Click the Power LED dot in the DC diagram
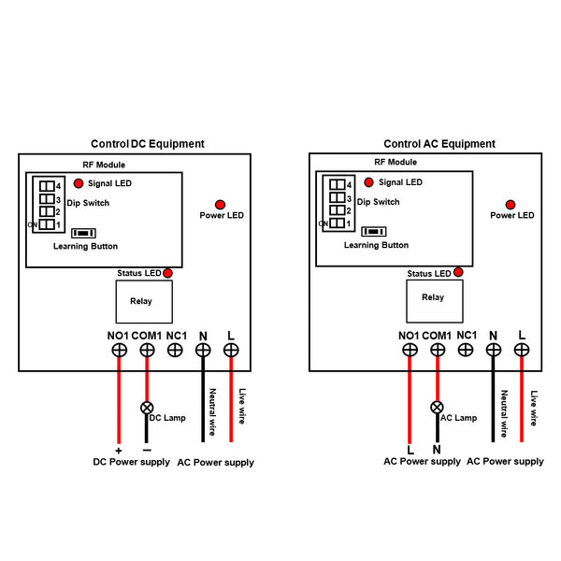[x=221, y=204]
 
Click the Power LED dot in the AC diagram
[x=511, y=204]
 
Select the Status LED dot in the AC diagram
[x=458, y=273]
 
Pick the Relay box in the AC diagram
[x=433, y=297]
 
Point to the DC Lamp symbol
[x=147, y=409]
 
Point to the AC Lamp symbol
[x=437, y=409]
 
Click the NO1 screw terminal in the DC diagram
[x=120, y=350]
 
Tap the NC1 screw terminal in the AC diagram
[x=465, y=350]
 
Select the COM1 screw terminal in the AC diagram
[x=437, y=350]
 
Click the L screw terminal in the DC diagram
[x=230, y=350]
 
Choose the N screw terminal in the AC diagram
[x=493, y=350]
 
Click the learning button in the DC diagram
[x=84, y=233]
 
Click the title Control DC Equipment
[x=147, y=144]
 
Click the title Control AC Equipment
[x=439, y=144]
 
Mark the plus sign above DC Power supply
[x=119, y=450]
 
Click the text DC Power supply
[x=131, y=463]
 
